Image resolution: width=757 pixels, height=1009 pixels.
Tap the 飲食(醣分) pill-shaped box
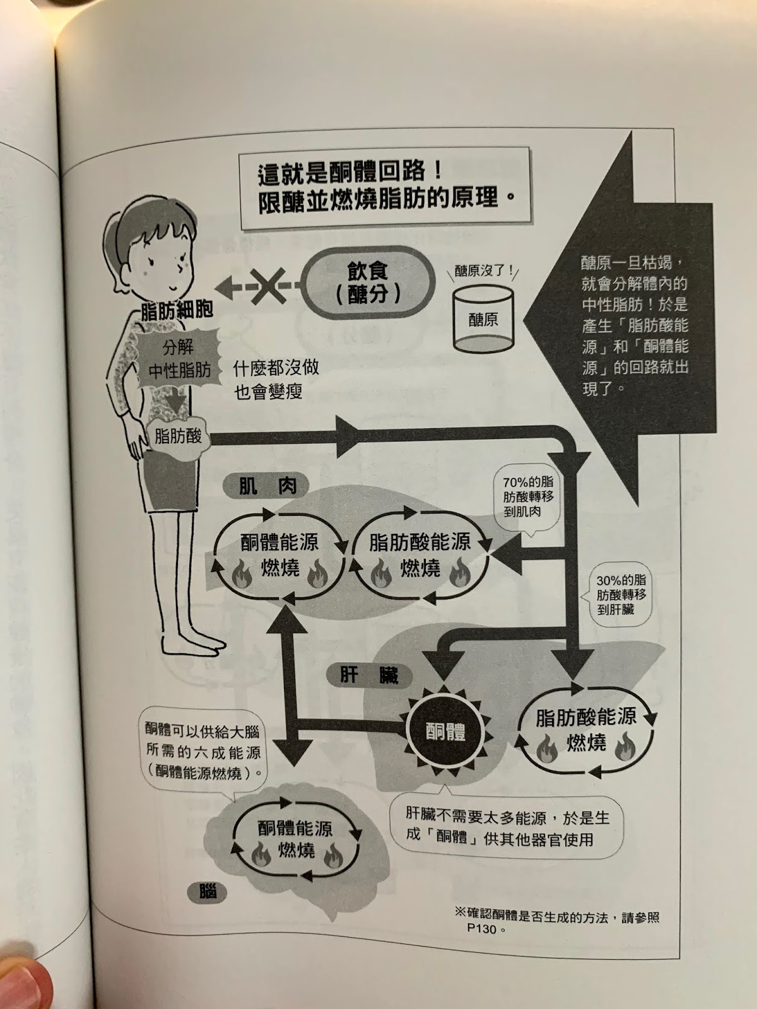pos(370,283)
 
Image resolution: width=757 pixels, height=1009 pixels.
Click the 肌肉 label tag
pos(268,486)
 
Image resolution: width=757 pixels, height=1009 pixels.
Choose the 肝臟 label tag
pos(369,676)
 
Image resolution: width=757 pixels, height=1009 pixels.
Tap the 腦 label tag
pos(207,891)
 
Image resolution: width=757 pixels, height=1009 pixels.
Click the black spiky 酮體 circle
pos(445,733)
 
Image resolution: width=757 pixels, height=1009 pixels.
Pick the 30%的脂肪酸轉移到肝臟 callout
pos(621,594)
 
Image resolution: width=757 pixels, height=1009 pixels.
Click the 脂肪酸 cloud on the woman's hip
pos(177,435)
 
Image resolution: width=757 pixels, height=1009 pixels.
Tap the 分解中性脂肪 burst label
pos(179,359)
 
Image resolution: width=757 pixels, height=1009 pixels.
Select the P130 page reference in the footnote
pos(483,929)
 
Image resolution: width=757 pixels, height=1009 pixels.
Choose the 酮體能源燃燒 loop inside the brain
pos(295,839)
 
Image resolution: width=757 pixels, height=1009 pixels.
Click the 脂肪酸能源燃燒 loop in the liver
pos(586,730)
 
